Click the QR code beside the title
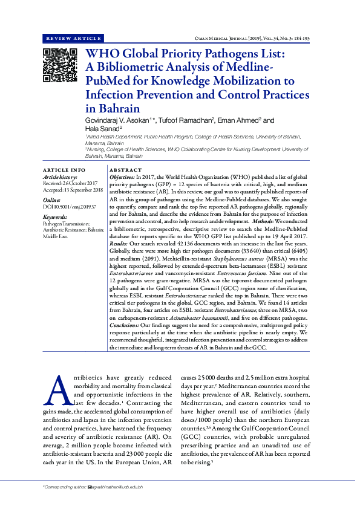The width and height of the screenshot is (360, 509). point(59,65)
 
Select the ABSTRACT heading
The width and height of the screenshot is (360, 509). point(125,170)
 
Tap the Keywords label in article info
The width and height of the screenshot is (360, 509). point(55,216)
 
